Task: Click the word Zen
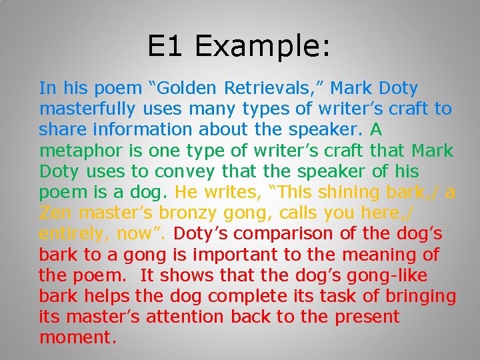(x=56, y=213)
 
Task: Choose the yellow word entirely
(x=74, y=234)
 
